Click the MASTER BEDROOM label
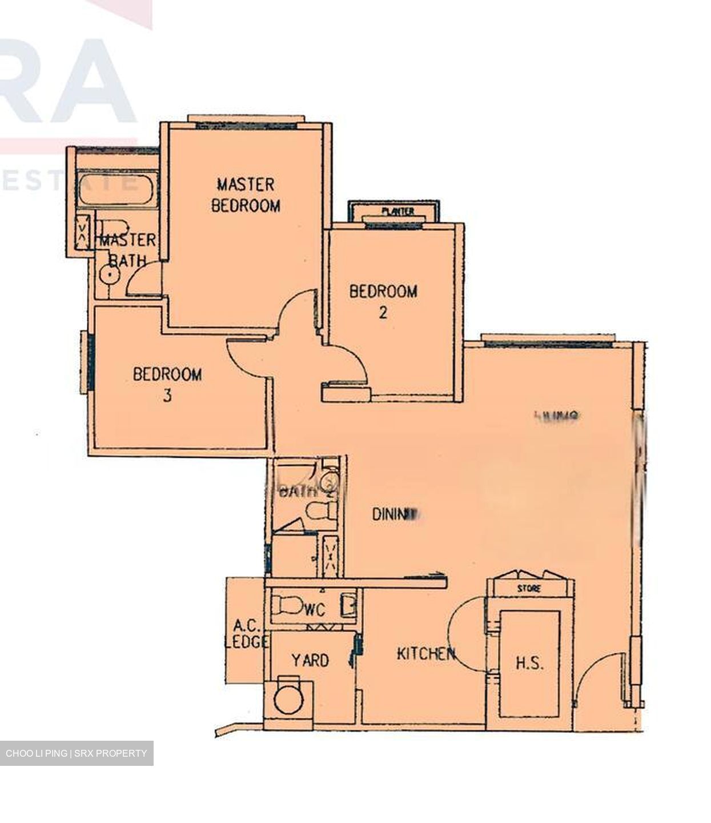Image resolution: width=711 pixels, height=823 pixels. coord(246,194)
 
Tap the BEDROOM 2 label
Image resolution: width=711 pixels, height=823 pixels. coord(383,301)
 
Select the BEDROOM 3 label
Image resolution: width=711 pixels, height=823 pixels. coord(167,385)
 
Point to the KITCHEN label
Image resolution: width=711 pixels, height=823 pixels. coord(426,653)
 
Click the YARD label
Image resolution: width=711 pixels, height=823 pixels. coord(310,661)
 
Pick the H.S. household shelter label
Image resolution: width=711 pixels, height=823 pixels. coord(529,664)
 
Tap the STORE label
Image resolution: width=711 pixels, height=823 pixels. coord(529,588)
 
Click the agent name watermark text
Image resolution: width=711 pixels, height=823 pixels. coord(77,753)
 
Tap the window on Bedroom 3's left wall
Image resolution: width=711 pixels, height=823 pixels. coord(88,361)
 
